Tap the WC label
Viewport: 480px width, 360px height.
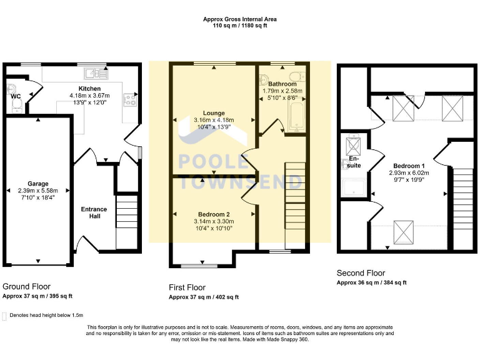pos(15,97)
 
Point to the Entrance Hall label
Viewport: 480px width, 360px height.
pos(94,213)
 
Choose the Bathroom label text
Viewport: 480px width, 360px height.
pos(282,83)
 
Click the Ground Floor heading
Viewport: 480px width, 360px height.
pos(27,286)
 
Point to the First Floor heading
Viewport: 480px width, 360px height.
pos(189,287)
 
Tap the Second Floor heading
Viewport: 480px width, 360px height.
pos(361,273)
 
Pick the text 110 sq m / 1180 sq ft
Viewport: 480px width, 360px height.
pos(240,26)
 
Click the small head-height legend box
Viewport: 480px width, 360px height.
pos(5,316)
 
